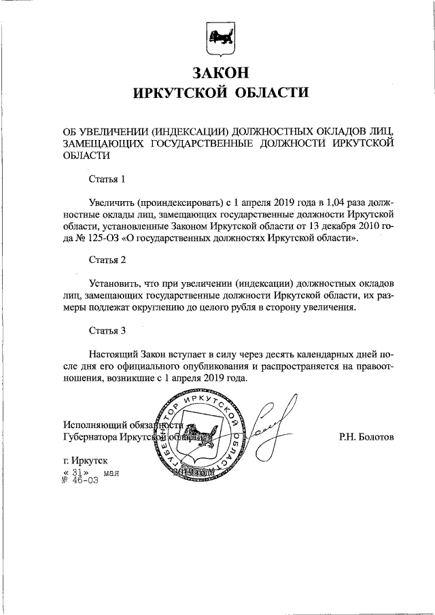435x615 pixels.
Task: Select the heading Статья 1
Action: click(108, 180)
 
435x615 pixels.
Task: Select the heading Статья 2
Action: click(108, 259)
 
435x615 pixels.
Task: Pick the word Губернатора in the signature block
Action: click(88, 437)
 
